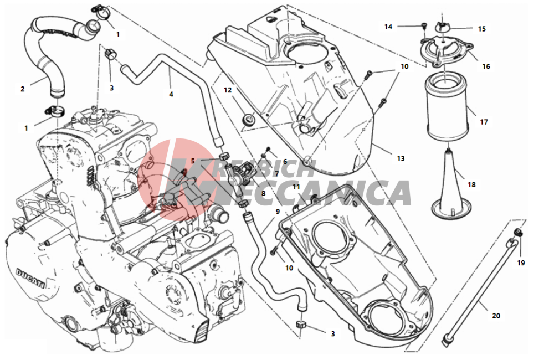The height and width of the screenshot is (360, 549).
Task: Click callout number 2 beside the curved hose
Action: click(23, 89)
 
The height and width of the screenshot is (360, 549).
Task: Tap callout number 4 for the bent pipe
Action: click(171, 94)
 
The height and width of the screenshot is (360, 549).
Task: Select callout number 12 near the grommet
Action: click(228, 90)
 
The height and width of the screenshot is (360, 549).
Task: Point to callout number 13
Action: click(401, 158)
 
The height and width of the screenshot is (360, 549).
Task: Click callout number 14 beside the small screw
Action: click(388, 27)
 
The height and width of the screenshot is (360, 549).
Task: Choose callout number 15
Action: click(482, 29)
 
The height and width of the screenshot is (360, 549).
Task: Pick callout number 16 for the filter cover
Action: click(486, 66)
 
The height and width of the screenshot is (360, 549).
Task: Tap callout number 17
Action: click(484, 122)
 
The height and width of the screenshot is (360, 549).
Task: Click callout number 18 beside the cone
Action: click(471, 184)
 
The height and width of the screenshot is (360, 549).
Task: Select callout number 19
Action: click(521, 263)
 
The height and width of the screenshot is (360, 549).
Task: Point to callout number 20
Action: click(496, 316)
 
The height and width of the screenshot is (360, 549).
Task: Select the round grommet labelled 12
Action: click(249, 119)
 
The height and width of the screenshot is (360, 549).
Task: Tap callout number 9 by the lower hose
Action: click(278, 212)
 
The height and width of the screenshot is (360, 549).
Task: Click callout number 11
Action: click(296, 187)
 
